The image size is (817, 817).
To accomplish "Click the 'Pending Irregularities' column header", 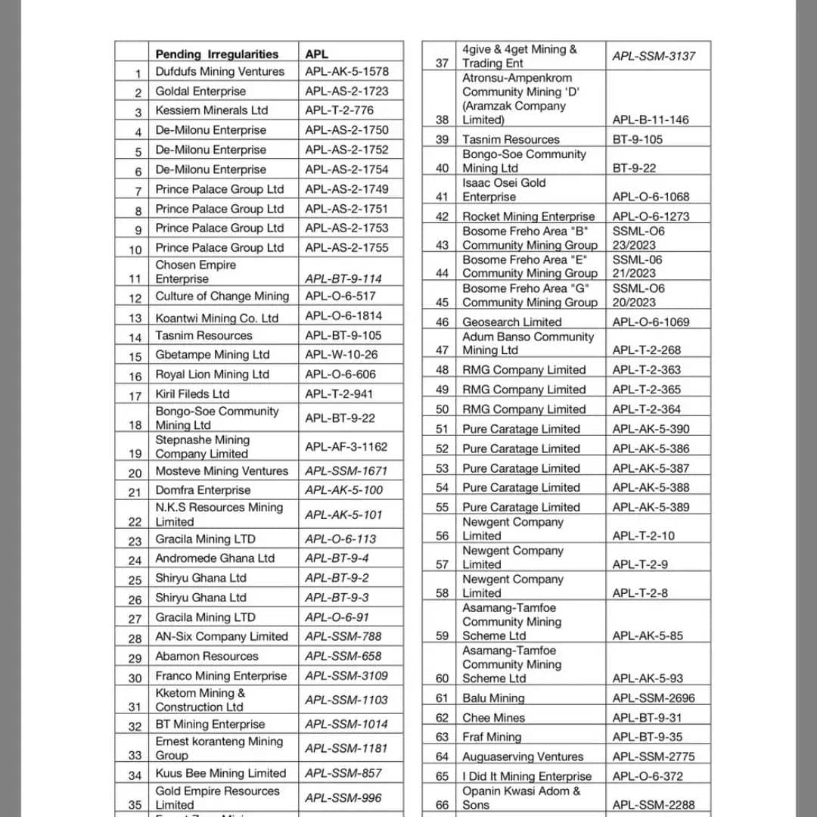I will click(216, 54).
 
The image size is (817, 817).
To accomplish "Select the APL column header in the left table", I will click(317, 54).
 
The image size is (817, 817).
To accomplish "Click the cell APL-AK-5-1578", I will click(346, 71).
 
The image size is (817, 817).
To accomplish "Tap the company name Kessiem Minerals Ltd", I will click(212, 110).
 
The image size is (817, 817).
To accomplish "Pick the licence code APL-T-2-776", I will click(339, 110).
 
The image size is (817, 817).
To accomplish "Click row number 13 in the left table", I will click(135, 318).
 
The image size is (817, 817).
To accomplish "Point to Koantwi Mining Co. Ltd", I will click(217, 318).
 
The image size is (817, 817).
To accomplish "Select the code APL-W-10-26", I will click(341, 354).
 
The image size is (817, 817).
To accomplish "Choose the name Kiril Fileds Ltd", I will click(192, 393).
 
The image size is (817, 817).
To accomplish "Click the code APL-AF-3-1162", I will click(346, 446).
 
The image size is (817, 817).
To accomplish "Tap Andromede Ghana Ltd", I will click(215, 558).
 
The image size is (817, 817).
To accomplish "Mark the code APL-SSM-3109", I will click(346, 676).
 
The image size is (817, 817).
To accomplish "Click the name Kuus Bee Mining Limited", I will click(221, 773).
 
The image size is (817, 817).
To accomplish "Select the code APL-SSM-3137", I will click(654, 55).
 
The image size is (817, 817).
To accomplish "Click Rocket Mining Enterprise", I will click(529, 216).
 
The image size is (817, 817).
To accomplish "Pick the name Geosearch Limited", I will click(512, 322).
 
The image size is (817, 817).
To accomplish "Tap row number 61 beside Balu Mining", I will click(442, 698).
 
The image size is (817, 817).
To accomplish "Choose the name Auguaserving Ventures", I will click(523, 756).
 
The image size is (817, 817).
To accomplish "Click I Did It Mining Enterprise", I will click(527, 776).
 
